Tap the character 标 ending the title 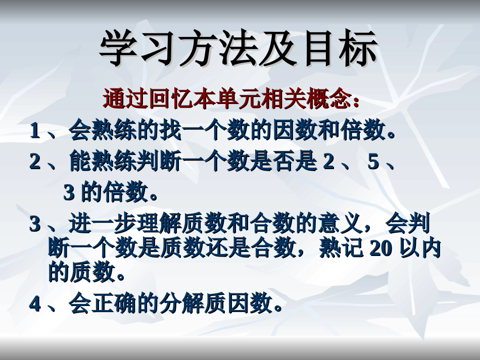(x=359, y=48)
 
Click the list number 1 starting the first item (x=35, y=132)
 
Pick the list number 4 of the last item (x=35, y=304)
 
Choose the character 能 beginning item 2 (x=80, y=163)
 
